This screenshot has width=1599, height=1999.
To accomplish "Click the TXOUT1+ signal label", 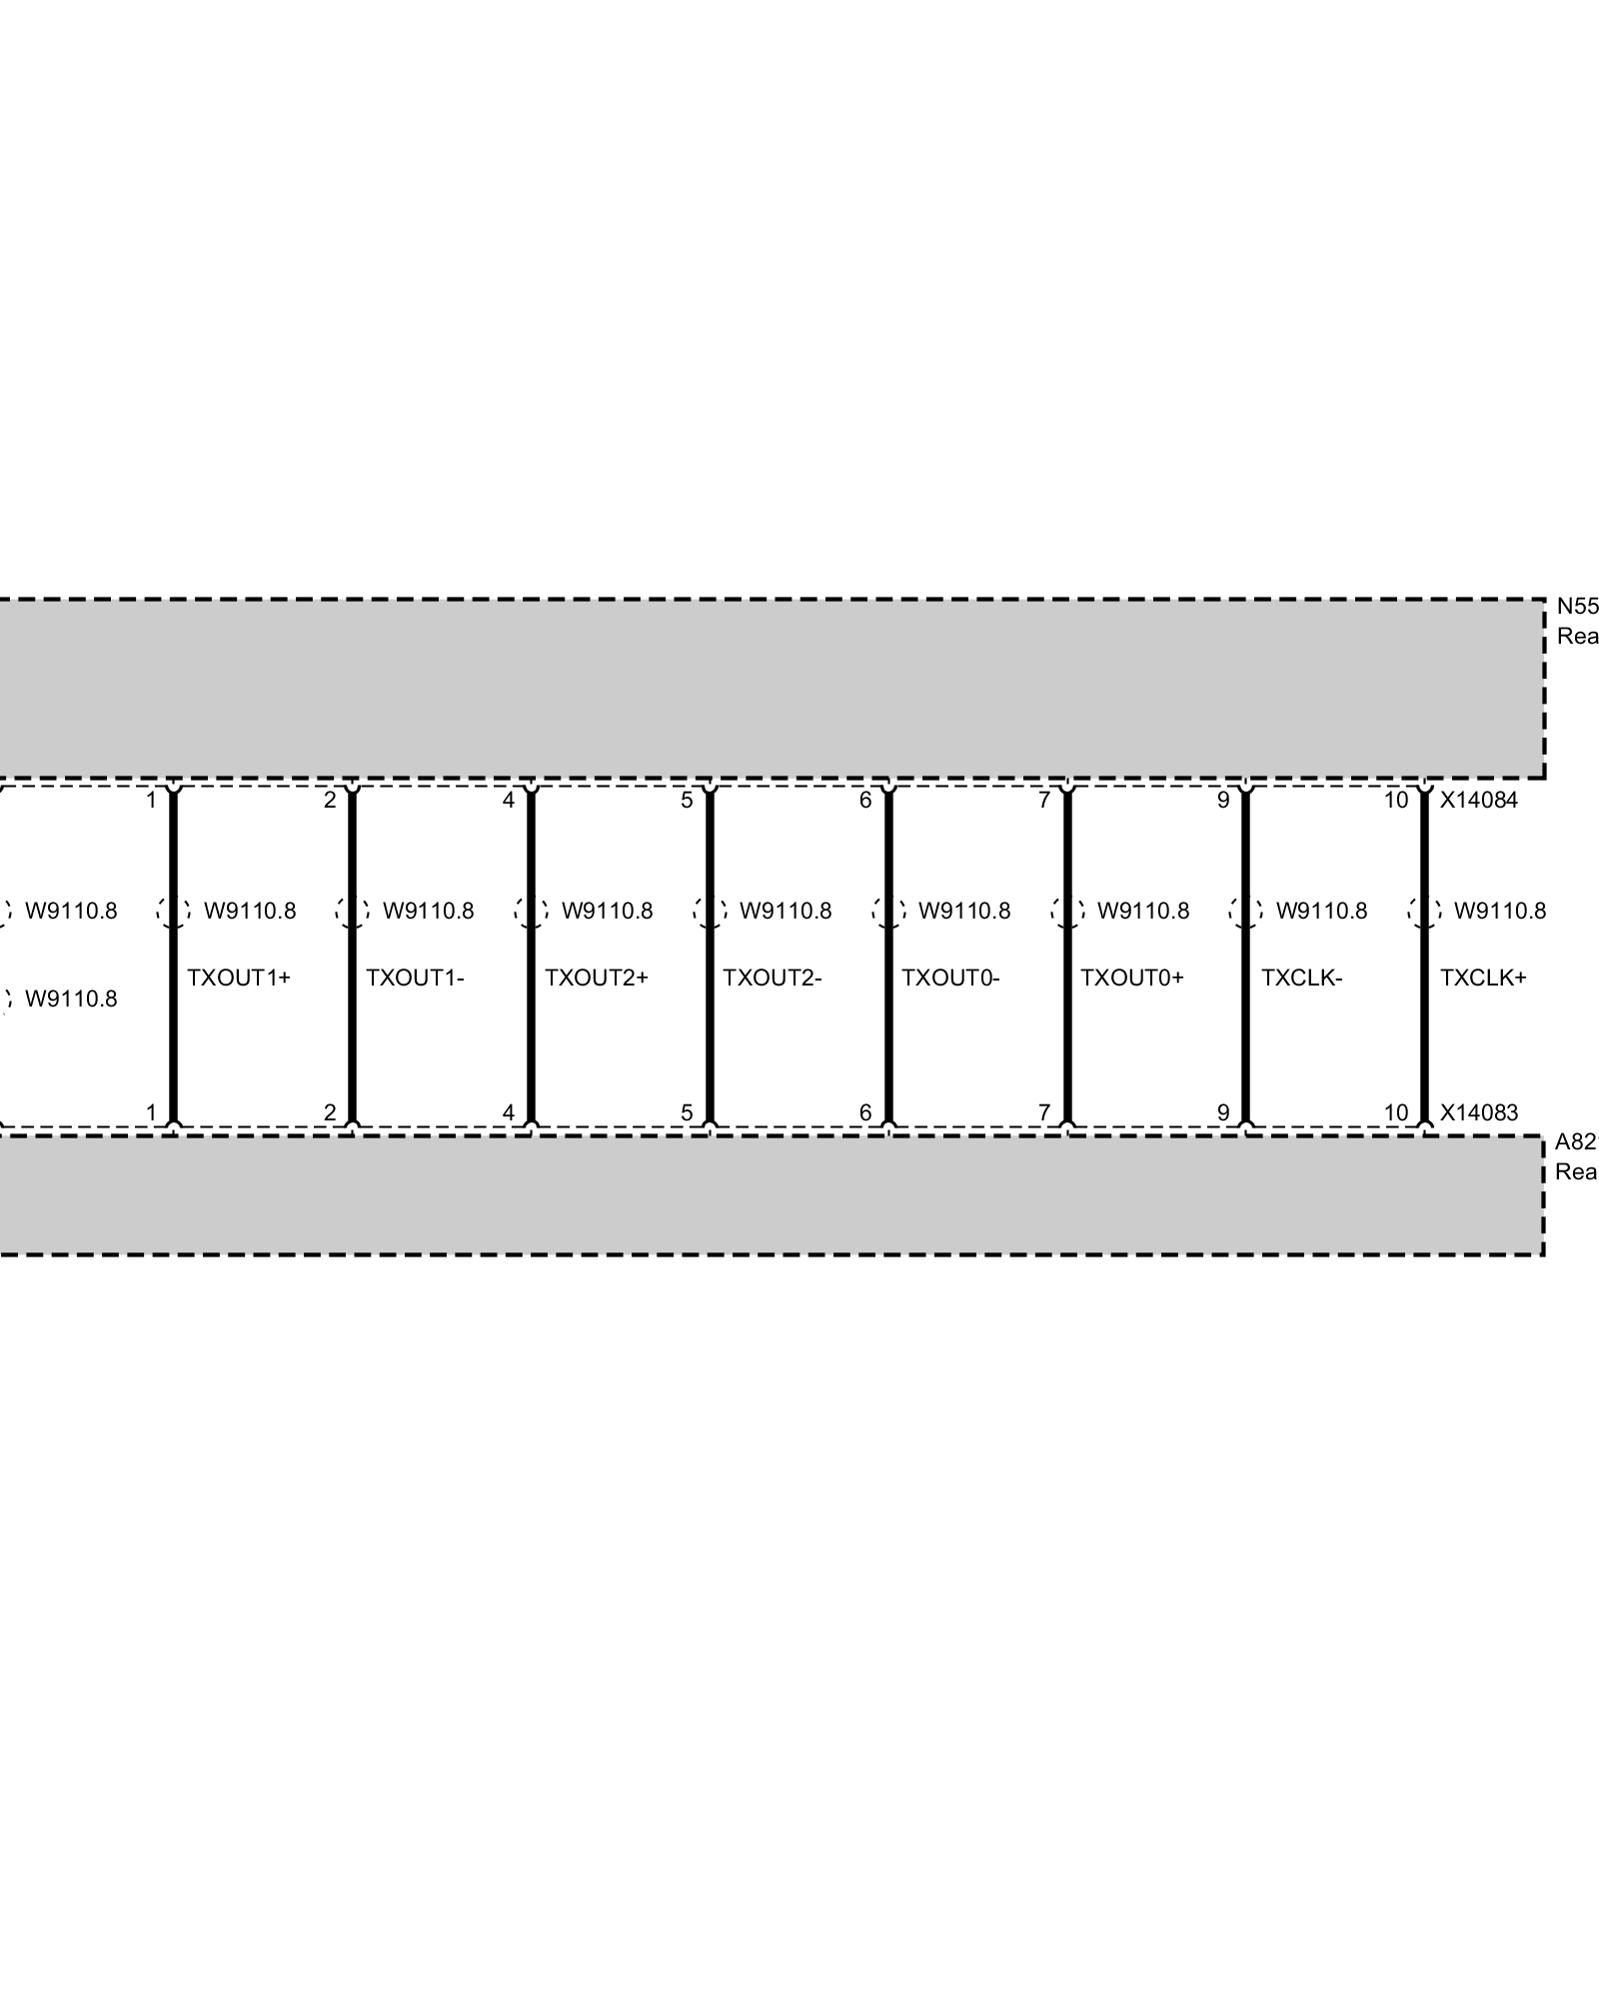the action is pos(238,978).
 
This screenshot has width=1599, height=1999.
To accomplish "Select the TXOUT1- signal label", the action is pos(415,978).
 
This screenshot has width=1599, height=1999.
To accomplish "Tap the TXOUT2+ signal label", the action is pos(596,978).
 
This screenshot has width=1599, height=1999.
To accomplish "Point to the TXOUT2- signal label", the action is pos(772,978).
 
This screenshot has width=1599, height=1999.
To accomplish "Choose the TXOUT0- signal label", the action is pos(950,978).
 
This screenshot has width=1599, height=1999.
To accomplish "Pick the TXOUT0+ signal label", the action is pos(1131,978).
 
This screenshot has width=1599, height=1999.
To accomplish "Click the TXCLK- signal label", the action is pos(1301,978).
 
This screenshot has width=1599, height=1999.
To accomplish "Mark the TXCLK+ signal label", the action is pos(1483,978).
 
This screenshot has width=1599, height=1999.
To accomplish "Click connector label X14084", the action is pos(1478,801).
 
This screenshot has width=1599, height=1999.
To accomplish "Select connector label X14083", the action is pos(1478,1112).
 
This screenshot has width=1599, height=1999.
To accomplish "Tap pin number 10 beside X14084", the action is pos(1396,801).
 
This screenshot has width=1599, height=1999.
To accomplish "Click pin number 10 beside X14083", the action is pos(1396,1112).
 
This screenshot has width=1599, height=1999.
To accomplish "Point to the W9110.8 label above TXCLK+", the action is pos(1499,911).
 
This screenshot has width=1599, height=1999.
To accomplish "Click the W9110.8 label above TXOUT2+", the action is pos(607,911).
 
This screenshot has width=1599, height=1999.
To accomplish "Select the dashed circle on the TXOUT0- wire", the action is pos(888,912).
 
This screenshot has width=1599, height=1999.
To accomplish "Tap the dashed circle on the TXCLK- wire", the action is pos(1246,912).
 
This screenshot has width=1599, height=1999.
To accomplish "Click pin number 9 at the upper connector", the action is pos(1223,801).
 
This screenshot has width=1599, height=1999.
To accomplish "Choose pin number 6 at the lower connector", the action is pos(865,1112).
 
